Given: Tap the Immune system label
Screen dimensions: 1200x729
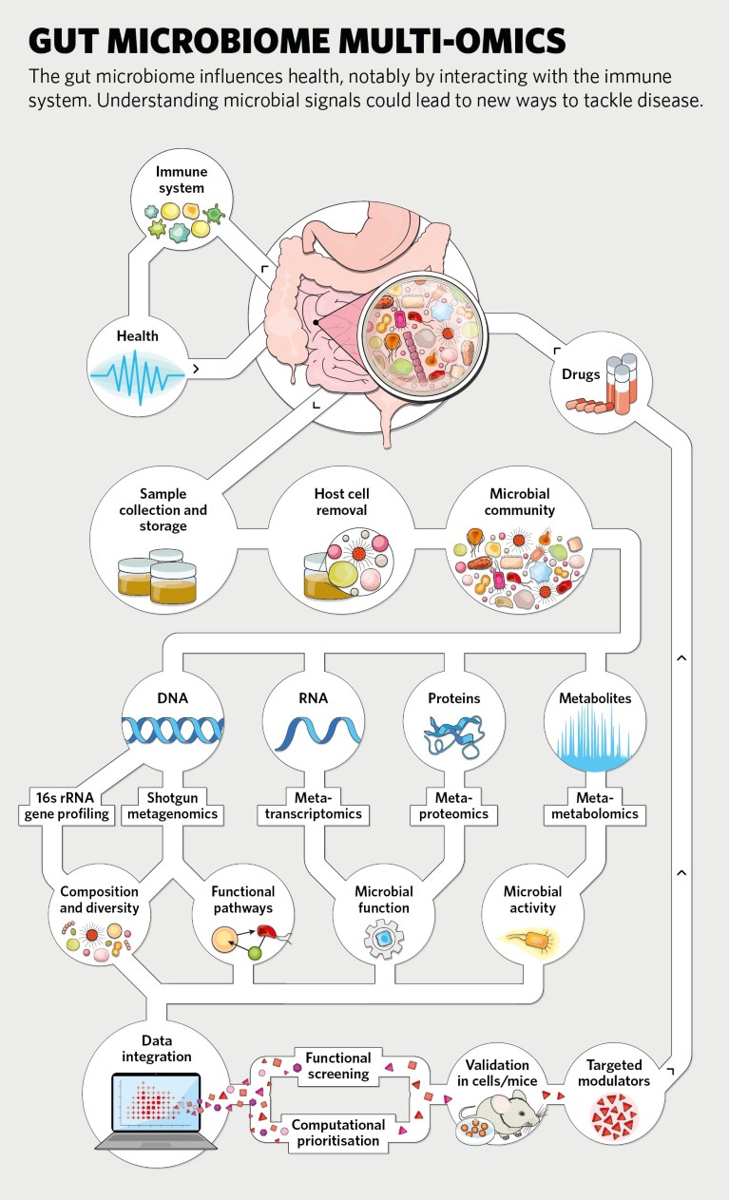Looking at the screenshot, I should tap(182, 181).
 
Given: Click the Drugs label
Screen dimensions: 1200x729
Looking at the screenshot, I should tap(581, 373).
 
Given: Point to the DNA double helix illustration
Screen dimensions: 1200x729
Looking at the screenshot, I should tap(173, 728).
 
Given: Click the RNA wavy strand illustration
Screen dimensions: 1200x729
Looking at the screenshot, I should tap(314, 729).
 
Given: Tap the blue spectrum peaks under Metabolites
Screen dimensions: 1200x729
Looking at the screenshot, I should tap(595, 733).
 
